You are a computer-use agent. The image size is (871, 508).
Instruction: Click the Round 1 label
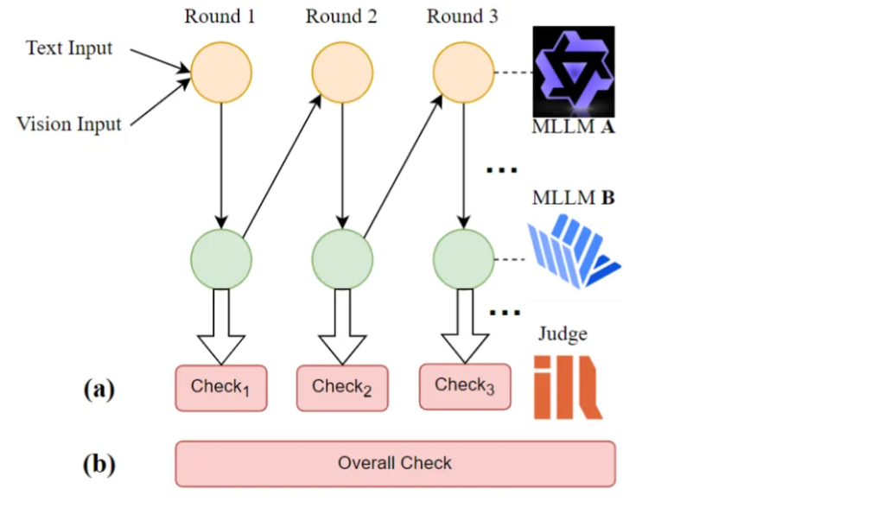(x=219, y=16)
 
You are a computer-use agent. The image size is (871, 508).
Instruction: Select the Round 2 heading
(x=341, y=16)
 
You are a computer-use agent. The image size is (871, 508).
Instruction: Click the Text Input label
(x=69, y=48)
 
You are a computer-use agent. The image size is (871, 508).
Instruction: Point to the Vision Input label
(x=69, y=124)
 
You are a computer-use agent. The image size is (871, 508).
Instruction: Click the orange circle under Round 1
(x=220, y=71)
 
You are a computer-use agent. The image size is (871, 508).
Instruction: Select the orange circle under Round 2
(x=342, y=71)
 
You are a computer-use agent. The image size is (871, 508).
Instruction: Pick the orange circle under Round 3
(x=463, y=71)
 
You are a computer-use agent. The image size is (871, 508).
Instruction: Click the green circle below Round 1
(x=220, y=257)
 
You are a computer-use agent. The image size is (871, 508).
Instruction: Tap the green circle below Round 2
(x=342, y=257)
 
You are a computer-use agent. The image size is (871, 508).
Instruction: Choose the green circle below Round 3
(x=463, y=257)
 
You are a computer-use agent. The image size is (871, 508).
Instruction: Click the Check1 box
(x=221, y=388)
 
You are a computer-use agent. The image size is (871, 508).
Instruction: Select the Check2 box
(x=342, y=388)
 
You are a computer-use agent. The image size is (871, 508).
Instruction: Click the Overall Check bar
(x=395, y=463)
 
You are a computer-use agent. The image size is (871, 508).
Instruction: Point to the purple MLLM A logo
(x=573, y=71)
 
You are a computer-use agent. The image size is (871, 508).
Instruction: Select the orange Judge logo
(x=567, y=385)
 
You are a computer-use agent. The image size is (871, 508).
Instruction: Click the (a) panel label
(x=99, y=389)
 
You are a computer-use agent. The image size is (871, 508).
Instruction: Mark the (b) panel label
(x=99, y=464)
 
